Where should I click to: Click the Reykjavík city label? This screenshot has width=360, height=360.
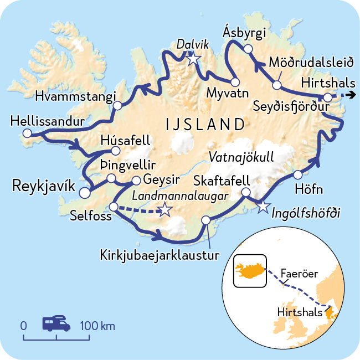(x=43, y=187)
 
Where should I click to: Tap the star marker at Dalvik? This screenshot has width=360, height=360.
(x=192, y=59)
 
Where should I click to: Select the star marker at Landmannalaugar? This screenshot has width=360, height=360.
(x=164, y=209)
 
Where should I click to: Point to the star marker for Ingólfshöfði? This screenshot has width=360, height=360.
(x=263, y=207)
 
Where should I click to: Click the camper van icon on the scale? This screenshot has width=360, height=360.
(x=56, y=323)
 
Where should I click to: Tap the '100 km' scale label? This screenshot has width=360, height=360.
(x=98, y=326)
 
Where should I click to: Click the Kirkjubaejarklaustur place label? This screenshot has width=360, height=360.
(x=160, y=255)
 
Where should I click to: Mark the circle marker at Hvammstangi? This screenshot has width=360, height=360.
(x=117, y=105)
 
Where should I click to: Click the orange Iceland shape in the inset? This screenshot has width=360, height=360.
(x=250, y=270)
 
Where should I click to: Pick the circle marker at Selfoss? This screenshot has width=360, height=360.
(x=113, y=207)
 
